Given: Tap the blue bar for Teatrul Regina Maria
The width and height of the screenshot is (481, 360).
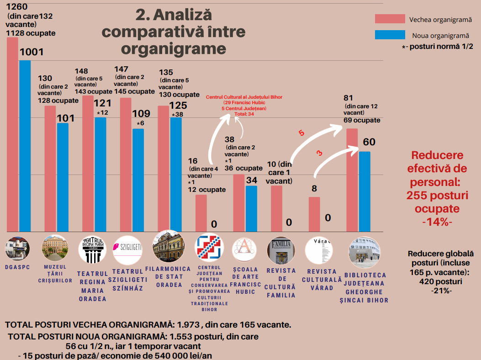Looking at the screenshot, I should [x=100, y=174].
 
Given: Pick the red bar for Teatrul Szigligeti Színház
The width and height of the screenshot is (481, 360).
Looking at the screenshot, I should [x=126, y=164].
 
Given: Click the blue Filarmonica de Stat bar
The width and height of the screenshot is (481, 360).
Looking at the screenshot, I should [x=176, y=174].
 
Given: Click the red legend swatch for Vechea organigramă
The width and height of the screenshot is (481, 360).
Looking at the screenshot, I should [x=390, y=19].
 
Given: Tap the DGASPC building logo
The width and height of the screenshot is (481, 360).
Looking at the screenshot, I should [x=17, y=249].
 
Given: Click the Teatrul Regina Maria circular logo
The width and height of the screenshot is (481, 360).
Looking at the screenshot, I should [x=92, y=249].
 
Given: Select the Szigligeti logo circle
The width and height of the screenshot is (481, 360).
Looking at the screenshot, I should [x=127, y=249].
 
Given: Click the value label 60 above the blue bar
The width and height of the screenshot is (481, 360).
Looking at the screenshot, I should [x=369, y=142].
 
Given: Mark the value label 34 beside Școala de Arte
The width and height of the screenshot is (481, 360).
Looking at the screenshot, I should [x=252, y=180].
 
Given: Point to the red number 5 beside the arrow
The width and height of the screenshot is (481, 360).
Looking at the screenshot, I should [x=301, y=133].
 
